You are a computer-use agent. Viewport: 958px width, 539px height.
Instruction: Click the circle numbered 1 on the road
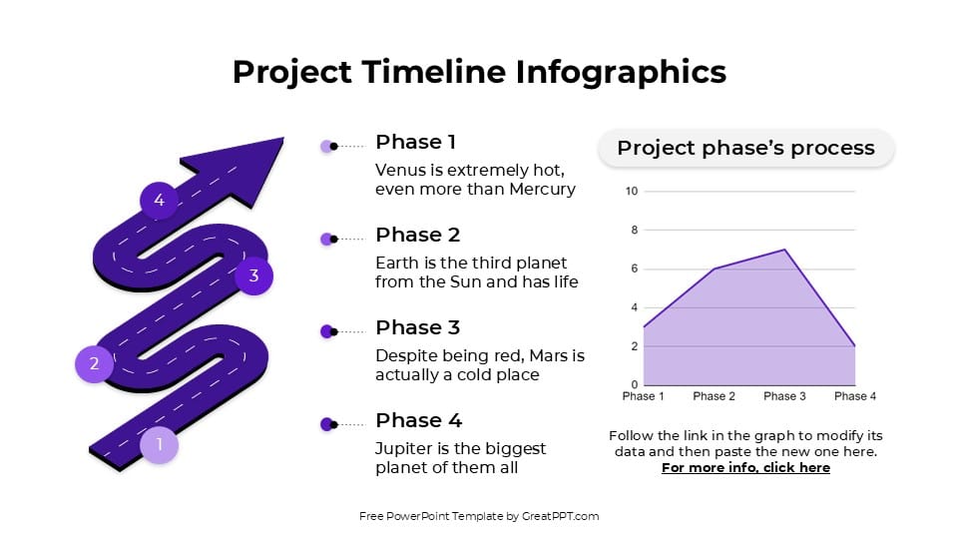pyautogui.click(x=159, y=444)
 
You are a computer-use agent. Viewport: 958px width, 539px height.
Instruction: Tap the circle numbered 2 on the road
pyautogui.click(x=94, y=363)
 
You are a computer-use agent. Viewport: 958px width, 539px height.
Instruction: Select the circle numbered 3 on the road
pyautogui.click(x=253, y=276)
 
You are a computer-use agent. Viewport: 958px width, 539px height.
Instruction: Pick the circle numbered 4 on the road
pyautogui.click(x=159, y=201)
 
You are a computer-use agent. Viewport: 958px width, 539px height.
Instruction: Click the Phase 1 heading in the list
pyautogui.click(x=415, y=142)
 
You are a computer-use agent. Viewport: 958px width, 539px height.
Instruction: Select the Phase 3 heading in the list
pyautogui.click(x=417, y=327)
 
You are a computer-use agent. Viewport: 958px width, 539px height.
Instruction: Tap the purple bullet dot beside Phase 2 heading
pyautogui.click(x=326, y=239)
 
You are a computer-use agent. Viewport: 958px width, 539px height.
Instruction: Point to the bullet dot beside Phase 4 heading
pyautogui.click(x=326, y=424)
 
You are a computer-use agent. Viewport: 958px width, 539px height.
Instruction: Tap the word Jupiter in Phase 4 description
pyautogui.click(x=405, y=448)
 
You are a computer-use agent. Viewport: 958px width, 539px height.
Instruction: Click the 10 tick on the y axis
pyautogui.click(x=631, y=192)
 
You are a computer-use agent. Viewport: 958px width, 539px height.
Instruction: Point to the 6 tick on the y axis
pyautogui.click(x=633, y=269)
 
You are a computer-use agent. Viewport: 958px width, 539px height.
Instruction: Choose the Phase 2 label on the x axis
pyautogui.click(x=715, y=396)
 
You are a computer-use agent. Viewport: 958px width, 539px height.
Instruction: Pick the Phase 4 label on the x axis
pyautogui.click(x=855, y=396)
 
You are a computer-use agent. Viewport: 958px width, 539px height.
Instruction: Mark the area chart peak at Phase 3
pyautogui.click(x=785, y=250)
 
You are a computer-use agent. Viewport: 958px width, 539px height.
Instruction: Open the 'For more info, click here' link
pyautogui.click(x=745, y=468)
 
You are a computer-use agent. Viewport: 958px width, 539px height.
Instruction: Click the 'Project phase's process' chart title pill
pyautogui.click(x=745, y=148)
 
